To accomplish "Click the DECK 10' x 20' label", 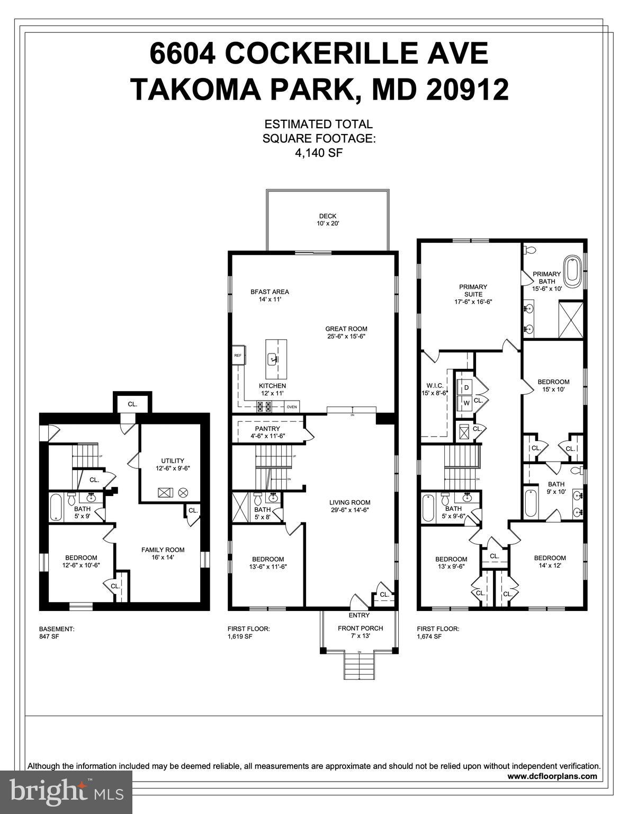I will [x=328, y=220].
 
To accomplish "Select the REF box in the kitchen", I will [x=238, y=356].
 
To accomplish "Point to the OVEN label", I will [x=292, y=407].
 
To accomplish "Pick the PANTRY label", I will [x=267, y=432].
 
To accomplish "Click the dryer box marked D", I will [x=466, y=388].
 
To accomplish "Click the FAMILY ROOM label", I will [x=163, y=553].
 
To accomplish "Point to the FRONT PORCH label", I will [x=360, y=632].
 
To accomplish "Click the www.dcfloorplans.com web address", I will [x=552, y=776].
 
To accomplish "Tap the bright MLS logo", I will [x=66, y=792].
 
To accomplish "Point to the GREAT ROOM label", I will [x=346, y=332].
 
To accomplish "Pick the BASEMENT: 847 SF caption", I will [x=57, y=632].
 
